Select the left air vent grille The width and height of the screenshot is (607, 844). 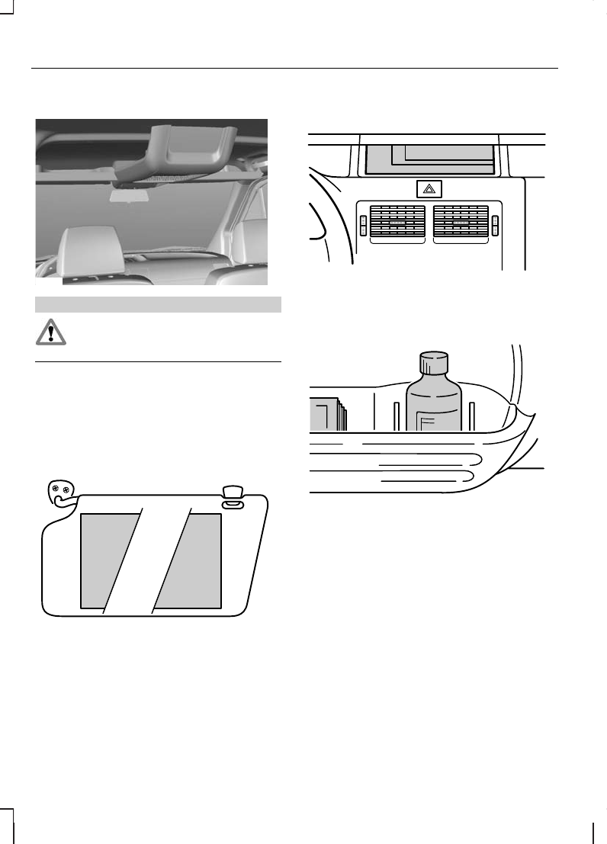[397, 224]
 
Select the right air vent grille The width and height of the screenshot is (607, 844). [461, 224]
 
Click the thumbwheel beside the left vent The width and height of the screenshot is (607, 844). [363, 225]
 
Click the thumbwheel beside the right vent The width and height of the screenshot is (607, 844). [495, 225]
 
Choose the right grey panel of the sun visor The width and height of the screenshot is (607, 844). [194, 560]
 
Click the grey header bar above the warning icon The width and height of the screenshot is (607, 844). [159, 304]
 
